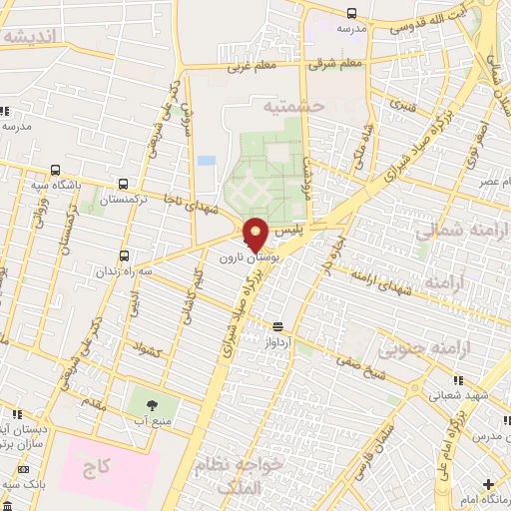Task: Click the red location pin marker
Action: (256, 233)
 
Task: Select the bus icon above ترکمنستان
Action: (122, 184)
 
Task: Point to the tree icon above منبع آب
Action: (152, 405)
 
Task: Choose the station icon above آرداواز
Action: (276, 325)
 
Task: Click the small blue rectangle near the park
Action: (207, 161)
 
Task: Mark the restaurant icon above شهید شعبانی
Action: (458, 380)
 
